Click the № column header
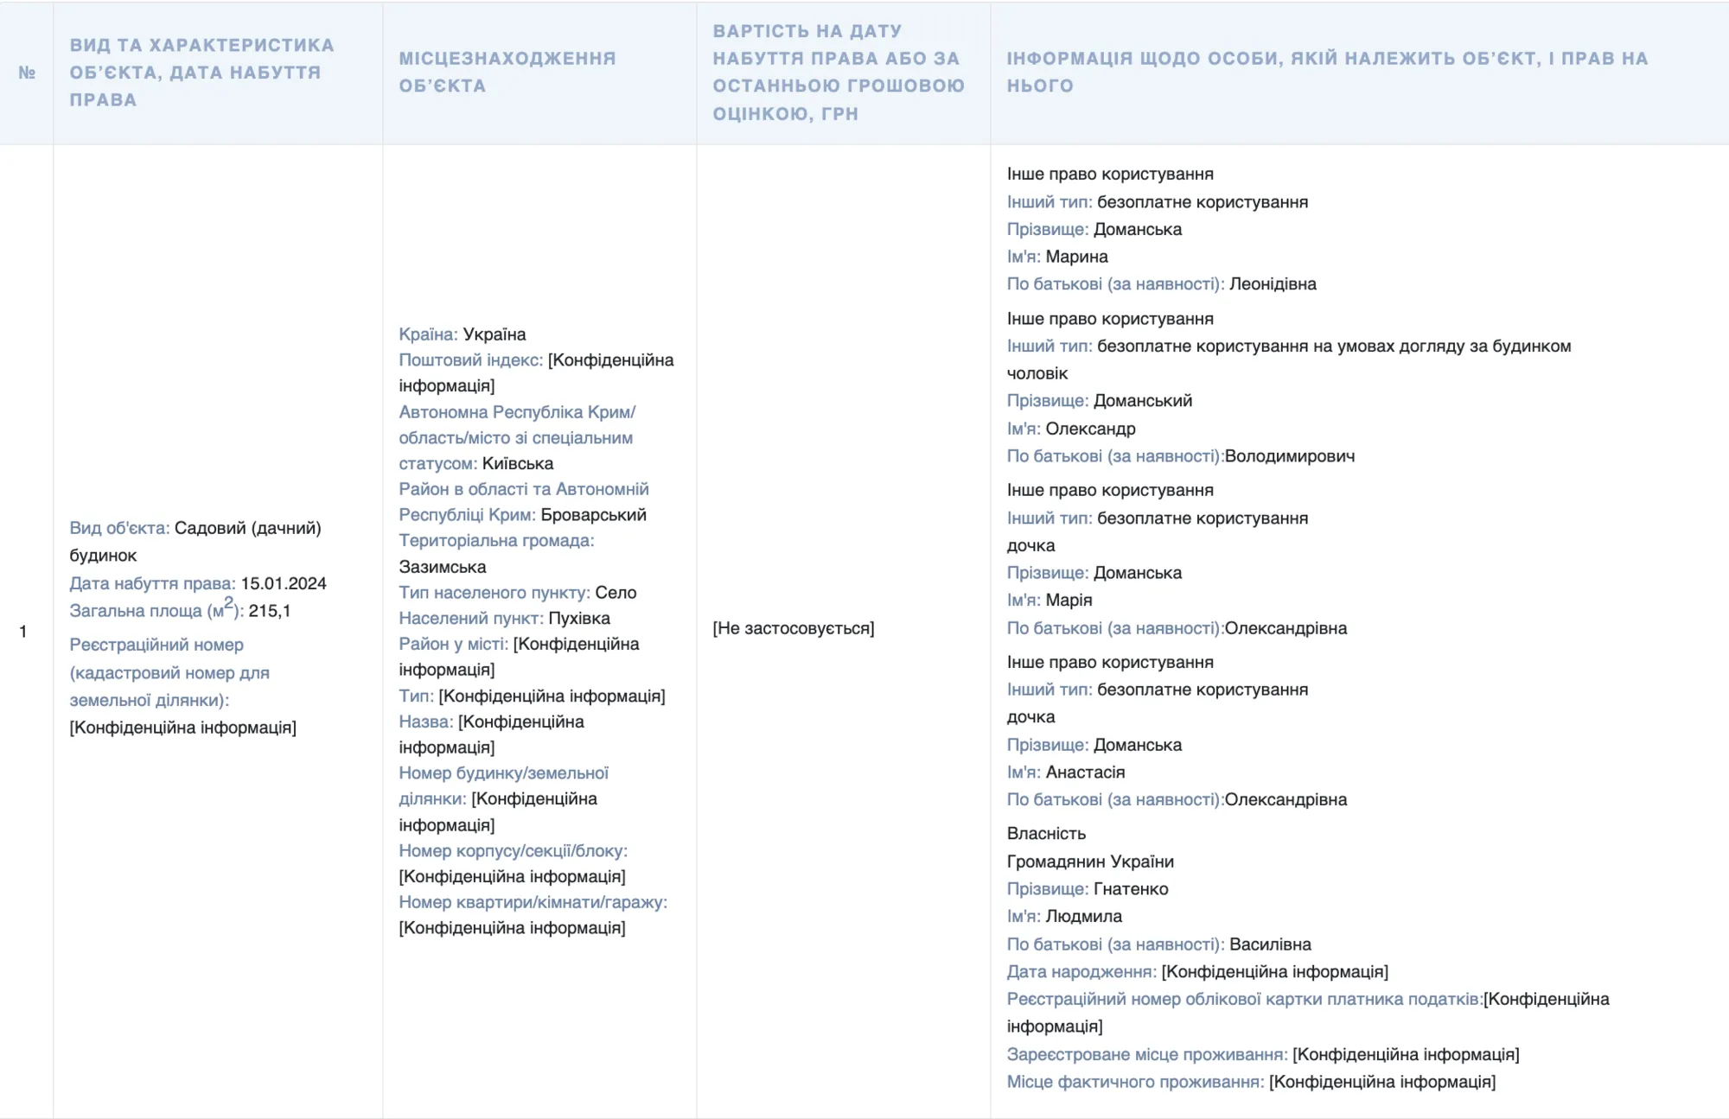27,73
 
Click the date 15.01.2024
284,583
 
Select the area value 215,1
270,611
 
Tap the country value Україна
494,334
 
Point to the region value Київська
518,463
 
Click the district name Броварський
594,515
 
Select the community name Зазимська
443,567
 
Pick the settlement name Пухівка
579,618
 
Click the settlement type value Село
616,593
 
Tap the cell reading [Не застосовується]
794,628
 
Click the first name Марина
1076,257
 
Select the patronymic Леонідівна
1273,284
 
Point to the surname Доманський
1143,401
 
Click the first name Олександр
1090,429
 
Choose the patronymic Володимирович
1290,456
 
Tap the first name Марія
1069,600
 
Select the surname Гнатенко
1131,889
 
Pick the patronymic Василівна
1270,944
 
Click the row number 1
23,632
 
